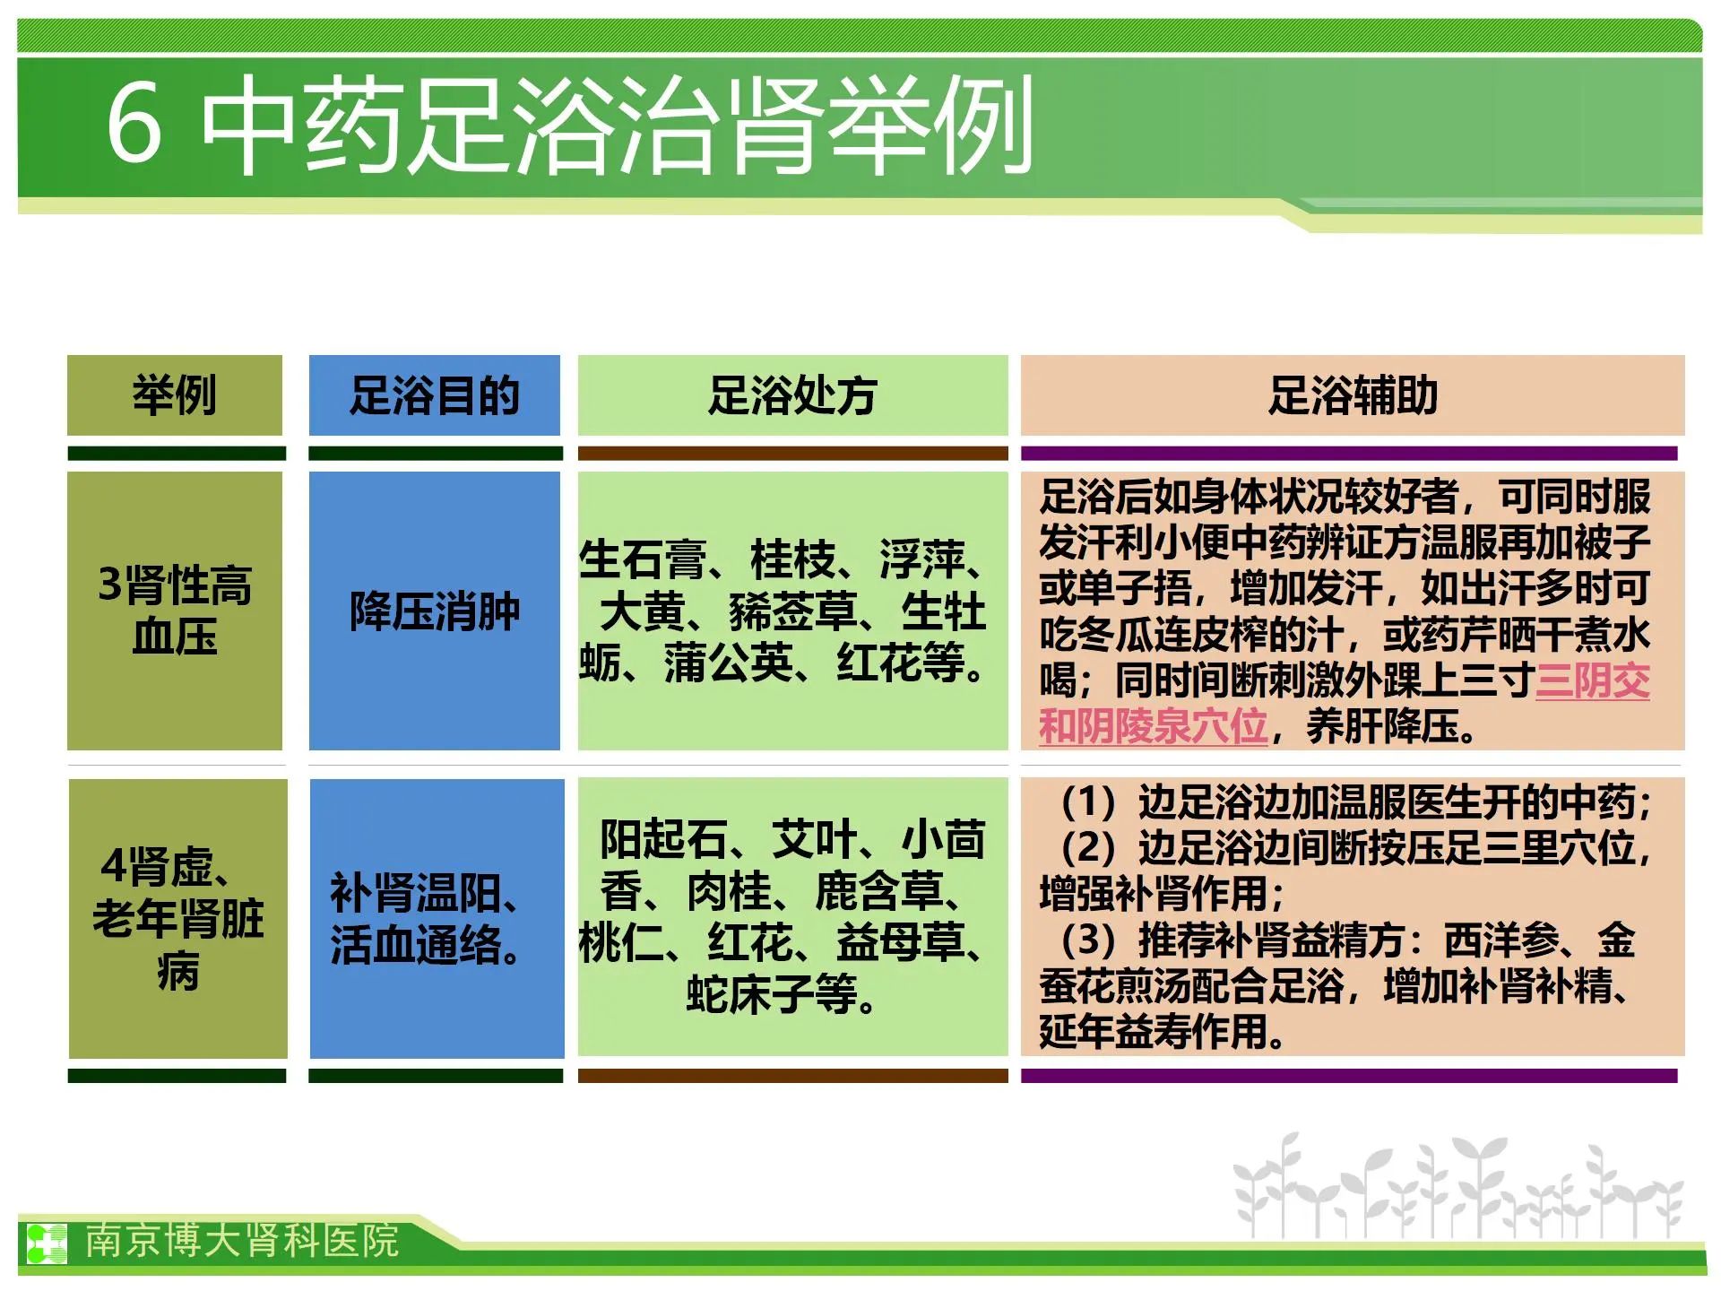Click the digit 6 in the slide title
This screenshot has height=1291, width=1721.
coord(134,122)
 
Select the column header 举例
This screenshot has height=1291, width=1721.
coord(175,394)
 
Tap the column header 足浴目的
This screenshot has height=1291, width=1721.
coord(435,394)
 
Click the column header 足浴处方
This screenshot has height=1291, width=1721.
coord(792,394)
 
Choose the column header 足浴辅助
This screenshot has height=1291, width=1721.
coord(1353,394)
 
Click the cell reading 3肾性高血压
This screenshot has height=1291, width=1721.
coord(175,611)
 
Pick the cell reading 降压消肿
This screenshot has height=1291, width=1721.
coord(435,611)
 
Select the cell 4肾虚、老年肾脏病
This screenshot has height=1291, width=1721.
coord(177,918)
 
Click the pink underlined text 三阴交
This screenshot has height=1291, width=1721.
coord(1593,680)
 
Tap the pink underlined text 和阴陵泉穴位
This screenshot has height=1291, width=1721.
coord(1153,726)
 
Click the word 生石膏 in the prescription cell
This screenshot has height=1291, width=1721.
coord(643,559)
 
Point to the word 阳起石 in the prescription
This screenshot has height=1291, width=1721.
coord(664,839)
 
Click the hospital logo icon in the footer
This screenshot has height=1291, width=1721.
coord(46,1243)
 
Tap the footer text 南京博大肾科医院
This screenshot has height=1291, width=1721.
coord(242,1241)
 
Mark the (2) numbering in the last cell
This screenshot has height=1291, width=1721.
coord(1087,847)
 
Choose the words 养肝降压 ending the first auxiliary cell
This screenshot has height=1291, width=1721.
coord(1382,726)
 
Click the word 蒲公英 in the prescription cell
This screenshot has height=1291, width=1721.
coord(728,663)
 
